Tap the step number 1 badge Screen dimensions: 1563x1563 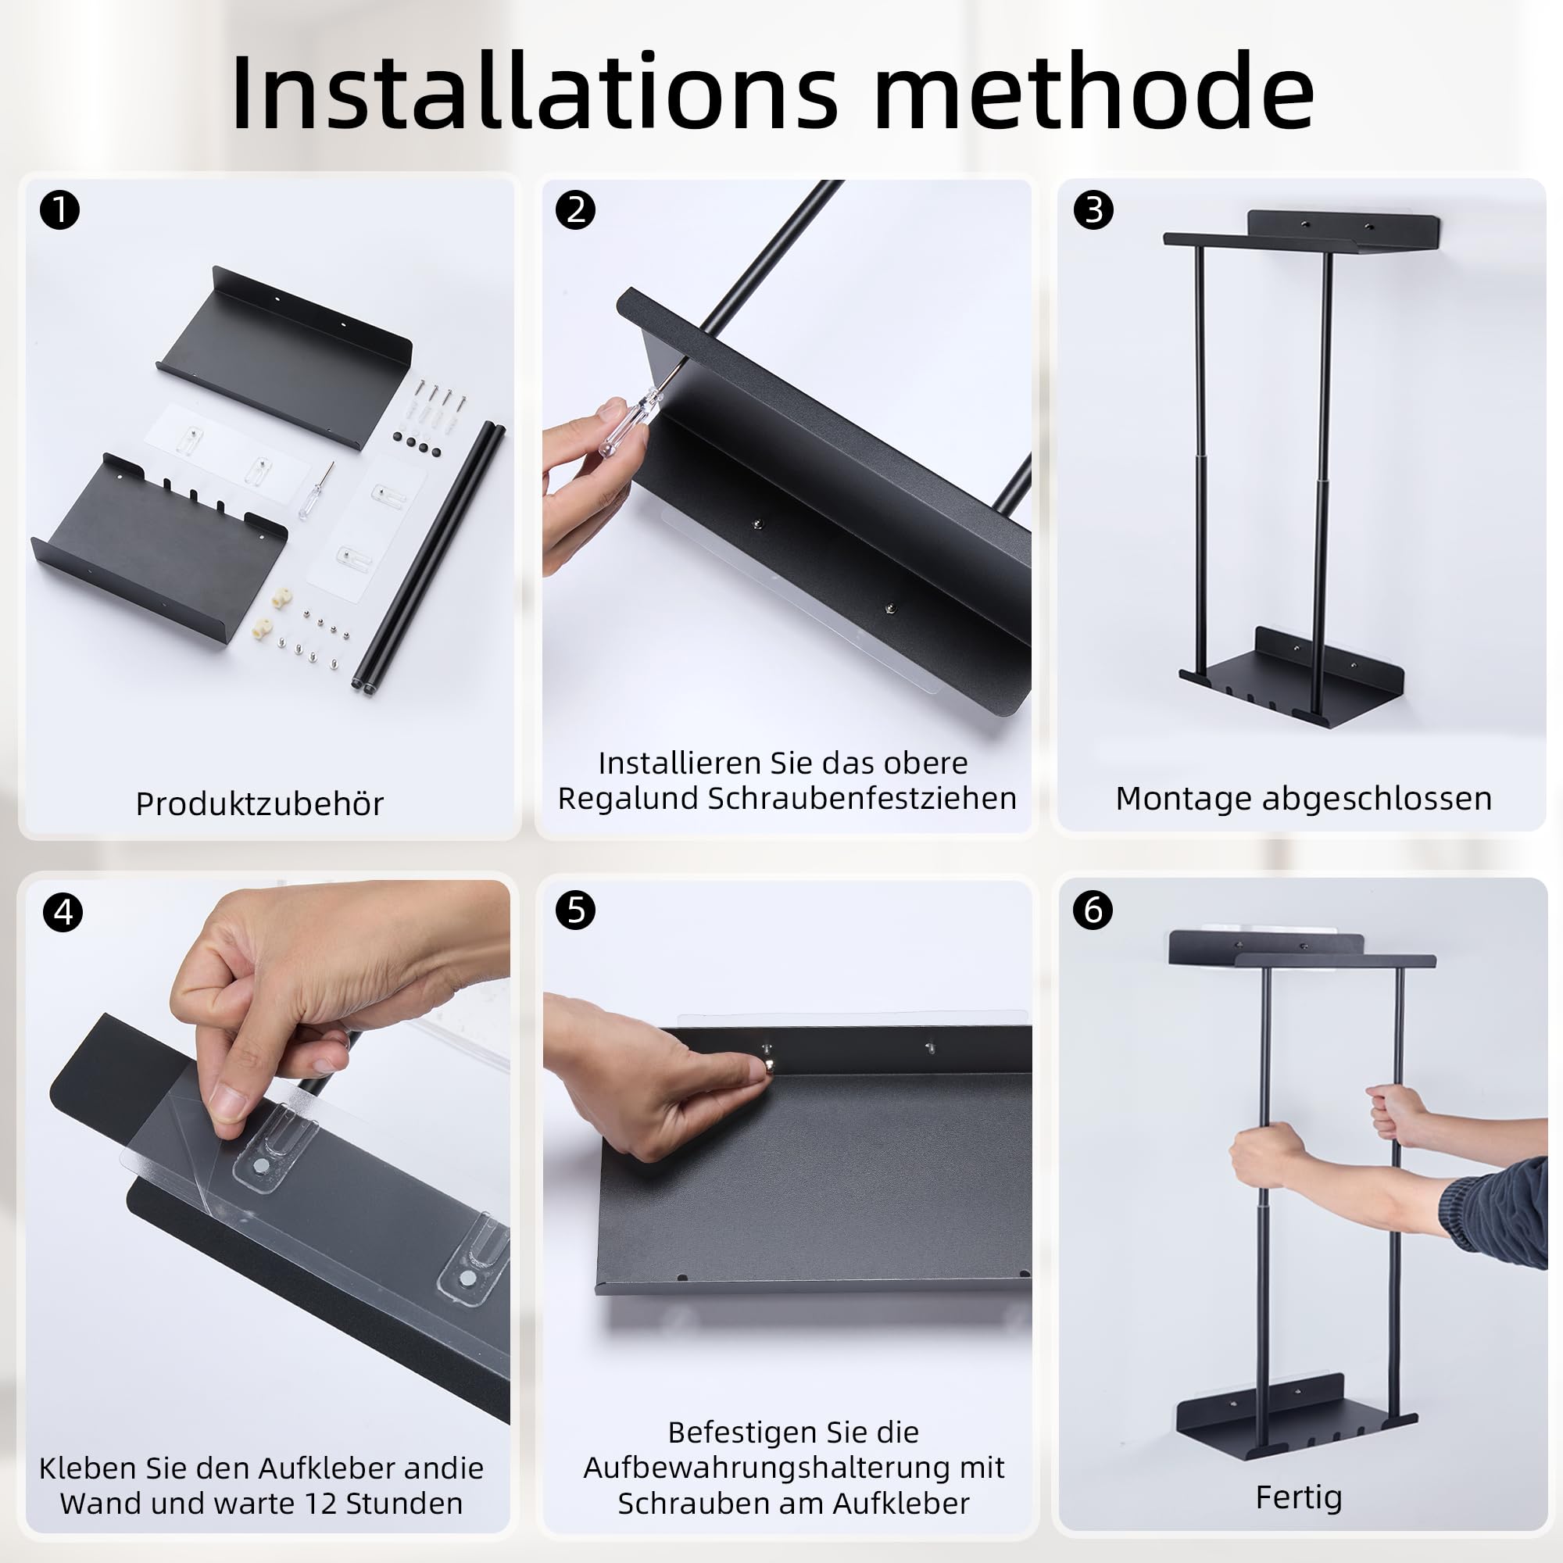[60, 210]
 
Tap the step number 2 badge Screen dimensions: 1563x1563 [575, 210]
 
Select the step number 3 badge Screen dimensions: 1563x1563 [1093, 210]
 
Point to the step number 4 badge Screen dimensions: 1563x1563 [63, 913]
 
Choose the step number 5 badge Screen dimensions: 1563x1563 [575, 910]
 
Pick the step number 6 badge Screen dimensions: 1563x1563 [1093, 910]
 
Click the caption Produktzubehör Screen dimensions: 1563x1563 [259, 804]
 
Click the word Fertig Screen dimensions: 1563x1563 [1298, 1497]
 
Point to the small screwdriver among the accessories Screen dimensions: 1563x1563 [315, 491]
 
